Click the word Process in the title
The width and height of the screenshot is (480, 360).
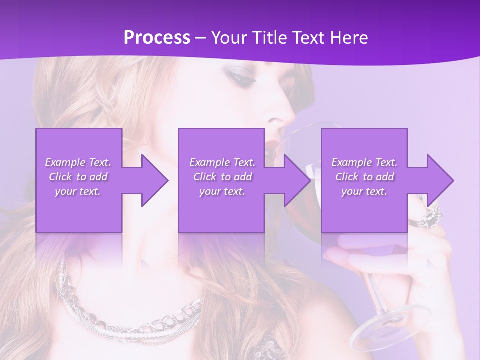pyautogui.click(x=157, y=38)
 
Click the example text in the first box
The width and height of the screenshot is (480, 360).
pyautogui.click(x=78, y=177)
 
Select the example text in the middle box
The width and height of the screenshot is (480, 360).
pyautogui.click(x=222, y=177)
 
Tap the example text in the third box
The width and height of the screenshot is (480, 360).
pyautogui.click(x=364, y=177)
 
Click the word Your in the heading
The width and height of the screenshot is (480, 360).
pyautogui.click(x=229, y=38)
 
